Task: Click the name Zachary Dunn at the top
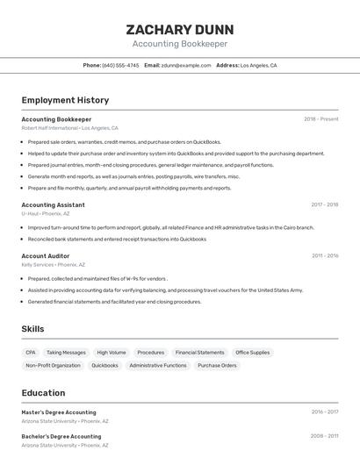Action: [x=179, y=29]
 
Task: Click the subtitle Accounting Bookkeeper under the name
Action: [x=179, y=44]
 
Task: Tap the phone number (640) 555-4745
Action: [x=120, y=65]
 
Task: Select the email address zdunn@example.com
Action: [x=187, y=65]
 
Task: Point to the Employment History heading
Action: [x=65, y=100]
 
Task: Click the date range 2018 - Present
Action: [x=320, y=119]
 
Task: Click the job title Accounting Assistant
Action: [x=53, y=204]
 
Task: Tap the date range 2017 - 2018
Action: [x=324, y=204]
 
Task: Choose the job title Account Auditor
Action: [x=45, y=255]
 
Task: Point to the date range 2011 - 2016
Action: [x=324, y=255]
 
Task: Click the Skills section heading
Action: [x=32, y=329]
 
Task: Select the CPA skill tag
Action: [x=31, y=353]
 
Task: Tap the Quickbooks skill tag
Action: [x=104, y=365]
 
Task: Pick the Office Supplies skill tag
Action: [x=253, y=353]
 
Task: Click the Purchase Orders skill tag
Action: [x=217, y=365]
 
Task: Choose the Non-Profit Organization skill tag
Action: [x=53, y=365]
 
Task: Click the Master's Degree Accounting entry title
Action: [x=59, y=411]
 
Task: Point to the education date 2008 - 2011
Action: [x=324, y=436]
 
